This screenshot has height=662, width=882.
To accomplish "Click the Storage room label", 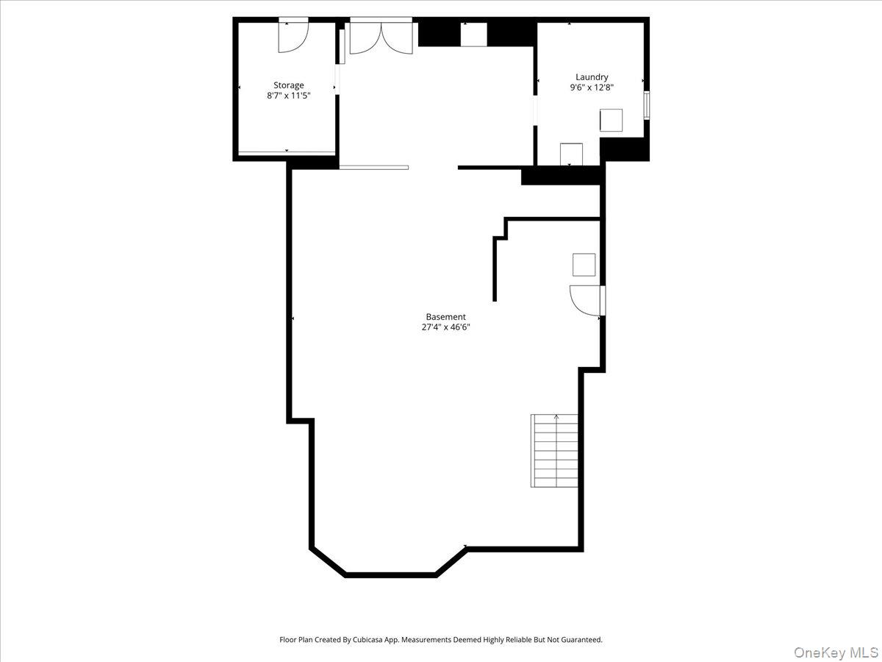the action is tap(289, 85).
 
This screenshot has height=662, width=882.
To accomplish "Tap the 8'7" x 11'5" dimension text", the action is tap(289, 96).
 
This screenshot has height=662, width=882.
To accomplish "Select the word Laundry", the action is tap(592, 77).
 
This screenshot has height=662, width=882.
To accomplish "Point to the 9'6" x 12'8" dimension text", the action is tap(592, 88).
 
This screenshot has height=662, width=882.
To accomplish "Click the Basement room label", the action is tap(445, 317).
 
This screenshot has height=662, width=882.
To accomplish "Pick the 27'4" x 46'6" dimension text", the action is tap(445, 327).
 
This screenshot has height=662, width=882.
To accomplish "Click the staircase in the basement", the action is tap(554, 451).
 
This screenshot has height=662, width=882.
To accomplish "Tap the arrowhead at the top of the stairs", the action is tap(556, 416).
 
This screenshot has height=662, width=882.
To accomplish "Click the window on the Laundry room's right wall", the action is tap(647, 105).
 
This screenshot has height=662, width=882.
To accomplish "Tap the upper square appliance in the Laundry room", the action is tap(612, 120).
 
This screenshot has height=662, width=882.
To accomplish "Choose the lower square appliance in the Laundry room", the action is tap(571, 154).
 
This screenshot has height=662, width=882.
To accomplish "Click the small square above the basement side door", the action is tap(584, 265).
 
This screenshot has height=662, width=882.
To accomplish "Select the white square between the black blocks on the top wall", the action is tap(474, 35).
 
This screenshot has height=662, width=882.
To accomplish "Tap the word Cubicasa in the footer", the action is tap(368, 639).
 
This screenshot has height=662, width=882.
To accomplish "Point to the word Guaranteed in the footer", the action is tap(583, 639).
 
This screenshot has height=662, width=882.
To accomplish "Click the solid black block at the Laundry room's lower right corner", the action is tap(625, 149).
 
